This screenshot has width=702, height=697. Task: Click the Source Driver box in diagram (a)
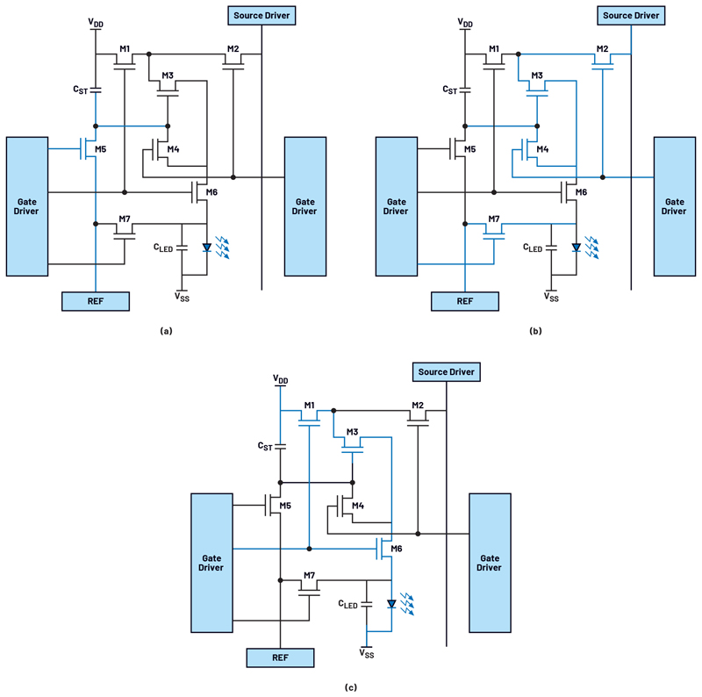tap(261, 16)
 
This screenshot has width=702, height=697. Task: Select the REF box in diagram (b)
tap(465, 301)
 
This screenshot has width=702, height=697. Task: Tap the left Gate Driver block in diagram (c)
tap(211, 563)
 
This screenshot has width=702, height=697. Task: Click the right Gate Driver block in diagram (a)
tap(305, 206)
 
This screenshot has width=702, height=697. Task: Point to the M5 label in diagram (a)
tap(100, 149)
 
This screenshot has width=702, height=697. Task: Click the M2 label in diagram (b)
tap(602, 49)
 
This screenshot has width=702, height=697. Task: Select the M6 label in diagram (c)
tap(397, 549)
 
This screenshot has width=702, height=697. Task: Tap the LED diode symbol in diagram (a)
tap(207, 248)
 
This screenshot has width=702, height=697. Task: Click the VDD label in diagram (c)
tap(281, 380)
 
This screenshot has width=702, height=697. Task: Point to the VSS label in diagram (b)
tap(551, 297)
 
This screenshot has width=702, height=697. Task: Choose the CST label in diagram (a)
tap(81, 90)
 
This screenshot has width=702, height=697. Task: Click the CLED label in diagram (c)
tap(347, 604)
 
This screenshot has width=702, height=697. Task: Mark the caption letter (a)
tap(166, 331)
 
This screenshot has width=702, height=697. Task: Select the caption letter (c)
tap(351, 687)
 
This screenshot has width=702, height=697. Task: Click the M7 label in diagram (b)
tap(494, 219)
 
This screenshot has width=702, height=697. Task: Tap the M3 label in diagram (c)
tap(353, 432)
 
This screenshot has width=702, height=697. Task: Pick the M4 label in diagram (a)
tap(173, 149)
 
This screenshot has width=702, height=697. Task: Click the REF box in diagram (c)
tap(280, 657)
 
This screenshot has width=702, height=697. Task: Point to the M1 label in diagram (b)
tap(494, 49)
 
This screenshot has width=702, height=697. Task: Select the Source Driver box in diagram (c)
tap(447, 372)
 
